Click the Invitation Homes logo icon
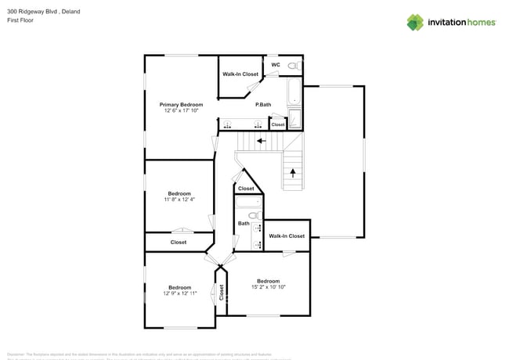tap(414, 22)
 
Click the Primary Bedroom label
tap(181, 105)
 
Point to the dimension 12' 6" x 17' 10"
tap(181, 111)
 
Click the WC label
tap(275, 65)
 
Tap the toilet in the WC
tap(294, 66)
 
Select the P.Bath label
tap(263, 105)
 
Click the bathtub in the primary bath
tap(294, 93)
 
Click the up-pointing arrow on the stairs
tap(293, 172)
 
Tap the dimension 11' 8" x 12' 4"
tap(179, 200)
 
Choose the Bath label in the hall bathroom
tap(244, 223)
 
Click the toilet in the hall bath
tap(253, 214)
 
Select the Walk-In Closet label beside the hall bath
tap(287, 236)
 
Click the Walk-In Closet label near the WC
tap(240, 74)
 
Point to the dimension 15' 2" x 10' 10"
tap(268, 287)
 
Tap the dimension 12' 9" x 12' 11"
tap(179, 293)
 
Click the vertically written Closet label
tap(222, 292)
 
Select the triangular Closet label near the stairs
tap(246, 189)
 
